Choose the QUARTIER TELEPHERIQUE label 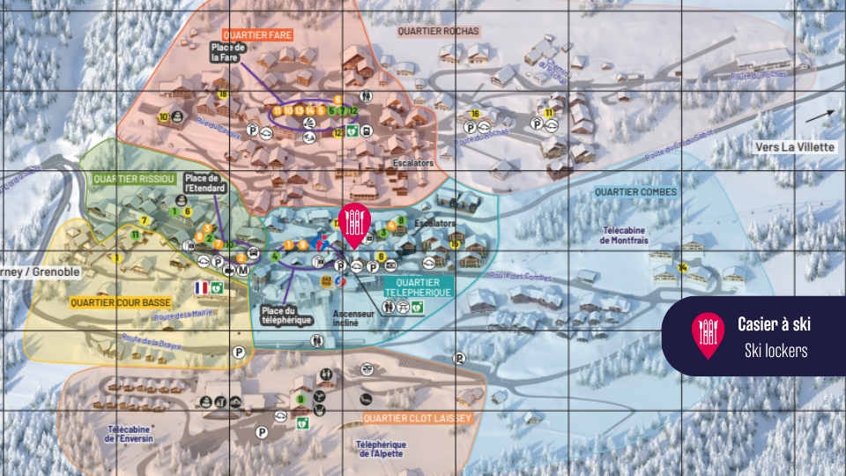coord(419,286)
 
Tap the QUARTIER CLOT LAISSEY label coord(417,417)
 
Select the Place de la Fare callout coord(226,52)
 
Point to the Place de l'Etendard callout coord(206,182)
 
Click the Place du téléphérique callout coord(286,315)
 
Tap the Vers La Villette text coord(794,147)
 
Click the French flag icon coord(201,287)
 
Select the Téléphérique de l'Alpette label coord(381,450)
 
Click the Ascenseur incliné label coord(353,317)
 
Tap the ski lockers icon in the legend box coord(708,336)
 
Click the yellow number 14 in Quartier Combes coord(682,268)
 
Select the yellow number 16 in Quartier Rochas coord(475,114)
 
